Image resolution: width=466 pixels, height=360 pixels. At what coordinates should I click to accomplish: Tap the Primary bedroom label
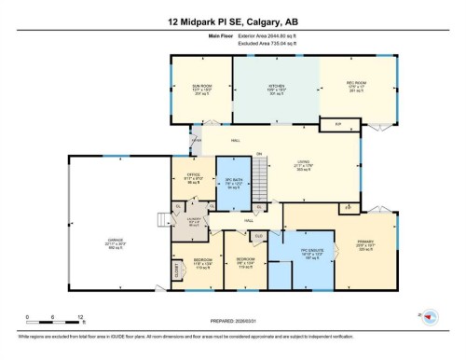(364, 244)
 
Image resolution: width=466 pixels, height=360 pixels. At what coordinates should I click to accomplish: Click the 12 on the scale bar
(81, 317)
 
